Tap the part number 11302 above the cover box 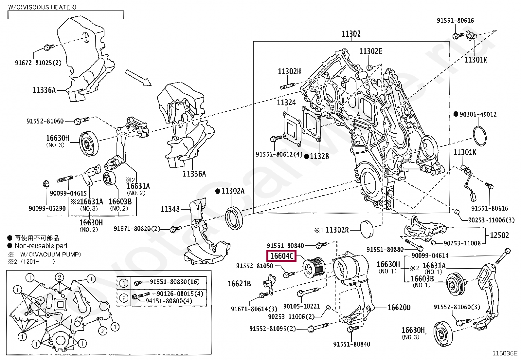351,34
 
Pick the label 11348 170,209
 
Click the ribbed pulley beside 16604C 314,267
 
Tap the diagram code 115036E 505,353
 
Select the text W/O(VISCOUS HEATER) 42,7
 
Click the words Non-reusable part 41,246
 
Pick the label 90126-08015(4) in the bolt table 180,294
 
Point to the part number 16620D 399,307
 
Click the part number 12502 499,235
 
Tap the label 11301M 476,60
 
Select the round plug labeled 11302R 366,229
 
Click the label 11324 286,103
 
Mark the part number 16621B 239,284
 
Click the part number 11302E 370,51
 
